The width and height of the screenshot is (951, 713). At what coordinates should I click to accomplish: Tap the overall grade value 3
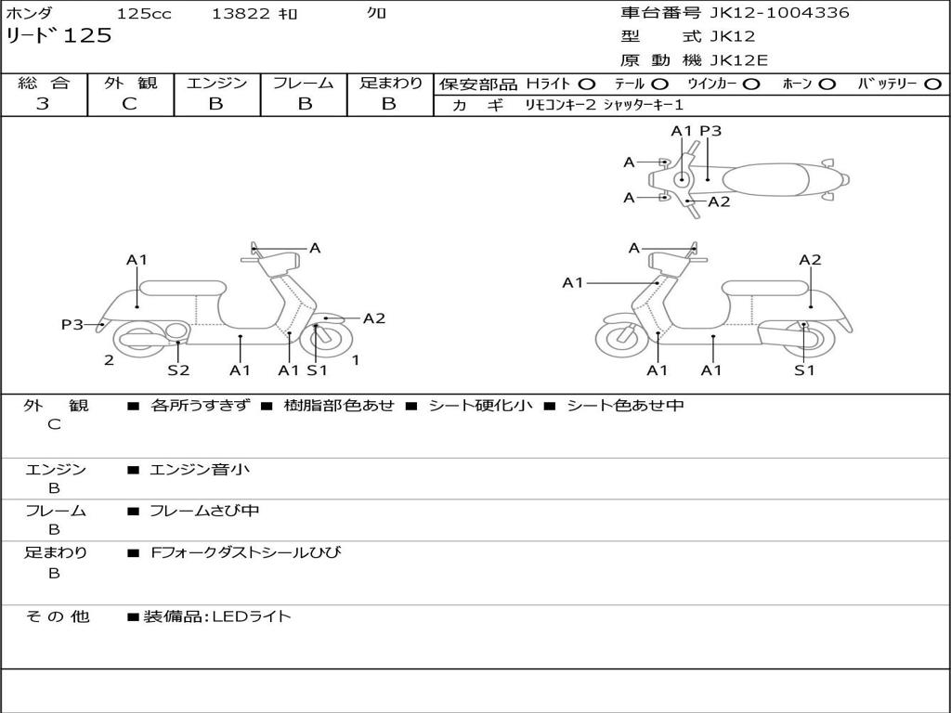43,104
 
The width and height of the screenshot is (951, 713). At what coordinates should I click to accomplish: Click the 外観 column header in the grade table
129,84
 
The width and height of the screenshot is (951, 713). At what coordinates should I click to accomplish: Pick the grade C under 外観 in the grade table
129,104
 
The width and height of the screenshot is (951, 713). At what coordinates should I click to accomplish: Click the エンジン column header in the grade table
216,84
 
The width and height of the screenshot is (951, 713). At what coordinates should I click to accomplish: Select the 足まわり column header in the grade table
390,84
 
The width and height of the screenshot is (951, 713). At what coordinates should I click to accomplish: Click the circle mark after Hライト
587,84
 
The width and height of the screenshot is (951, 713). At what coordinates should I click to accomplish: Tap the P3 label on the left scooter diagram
72,325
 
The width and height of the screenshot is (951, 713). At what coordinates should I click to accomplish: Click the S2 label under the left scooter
178,370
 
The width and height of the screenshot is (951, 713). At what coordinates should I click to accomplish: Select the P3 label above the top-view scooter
710,131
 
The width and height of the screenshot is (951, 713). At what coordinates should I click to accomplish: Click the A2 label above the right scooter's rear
810,260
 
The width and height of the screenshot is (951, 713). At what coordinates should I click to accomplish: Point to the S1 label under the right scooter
804,370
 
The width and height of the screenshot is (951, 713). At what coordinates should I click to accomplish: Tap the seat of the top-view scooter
767,179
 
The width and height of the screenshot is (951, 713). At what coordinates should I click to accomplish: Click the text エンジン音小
199,470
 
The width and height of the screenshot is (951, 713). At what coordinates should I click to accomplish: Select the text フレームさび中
204,511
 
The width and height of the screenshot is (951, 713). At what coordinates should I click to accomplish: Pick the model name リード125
59,36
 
